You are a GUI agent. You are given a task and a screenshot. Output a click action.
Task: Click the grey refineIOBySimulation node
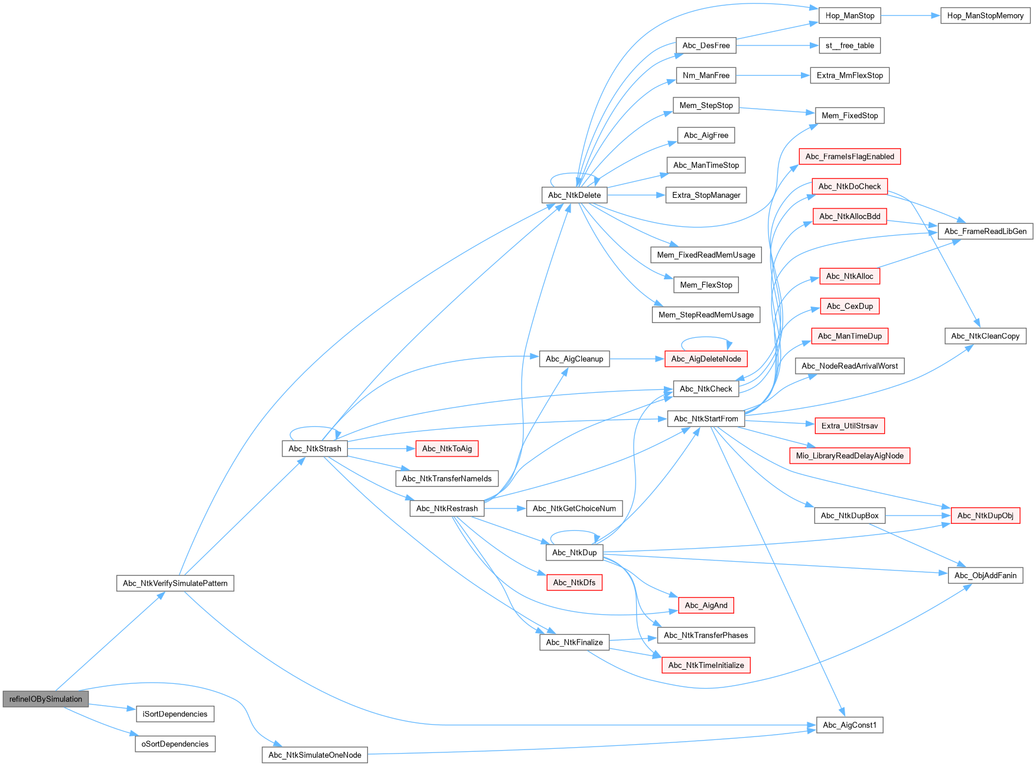coord(45,699)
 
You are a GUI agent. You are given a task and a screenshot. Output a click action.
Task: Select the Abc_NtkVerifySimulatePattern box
coord(175,583)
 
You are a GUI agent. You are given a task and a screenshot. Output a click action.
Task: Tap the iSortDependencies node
coord(175,714)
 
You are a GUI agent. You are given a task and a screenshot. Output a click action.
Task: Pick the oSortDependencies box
coord(175,744)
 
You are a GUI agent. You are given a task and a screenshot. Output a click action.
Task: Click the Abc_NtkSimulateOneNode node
coord(315,755)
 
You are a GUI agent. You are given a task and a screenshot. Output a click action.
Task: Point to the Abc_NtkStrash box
coord(315,449)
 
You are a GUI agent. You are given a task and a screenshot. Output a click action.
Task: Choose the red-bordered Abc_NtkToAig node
coord(447,449)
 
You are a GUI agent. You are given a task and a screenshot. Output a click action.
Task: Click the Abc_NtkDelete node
coord(574,195)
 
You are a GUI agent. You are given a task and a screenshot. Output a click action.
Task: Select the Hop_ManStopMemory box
coord(985,15)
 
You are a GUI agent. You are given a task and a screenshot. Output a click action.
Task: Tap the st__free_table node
coord(849,45)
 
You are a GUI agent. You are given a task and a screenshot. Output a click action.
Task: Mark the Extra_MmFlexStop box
coord(849,76)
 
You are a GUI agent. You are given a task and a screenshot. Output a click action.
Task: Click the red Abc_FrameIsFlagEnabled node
coord(849,157)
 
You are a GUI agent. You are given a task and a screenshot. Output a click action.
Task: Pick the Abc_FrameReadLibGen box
coord(985,231)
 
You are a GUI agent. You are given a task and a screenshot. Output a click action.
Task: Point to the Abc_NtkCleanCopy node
coord(985,336)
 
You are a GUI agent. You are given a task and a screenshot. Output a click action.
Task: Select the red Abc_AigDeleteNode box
coord(706,358)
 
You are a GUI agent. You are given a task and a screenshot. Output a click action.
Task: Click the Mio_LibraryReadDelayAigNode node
coord(849,455)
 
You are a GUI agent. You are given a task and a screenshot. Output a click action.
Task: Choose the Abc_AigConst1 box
coord(849,725)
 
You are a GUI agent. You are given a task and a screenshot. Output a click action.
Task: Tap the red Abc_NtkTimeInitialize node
coord(706,665)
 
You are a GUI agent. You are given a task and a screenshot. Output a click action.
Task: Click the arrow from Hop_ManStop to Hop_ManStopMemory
coord(910,15)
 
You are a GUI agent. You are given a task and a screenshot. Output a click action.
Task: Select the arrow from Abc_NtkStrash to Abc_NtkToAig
coord(381,449)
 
